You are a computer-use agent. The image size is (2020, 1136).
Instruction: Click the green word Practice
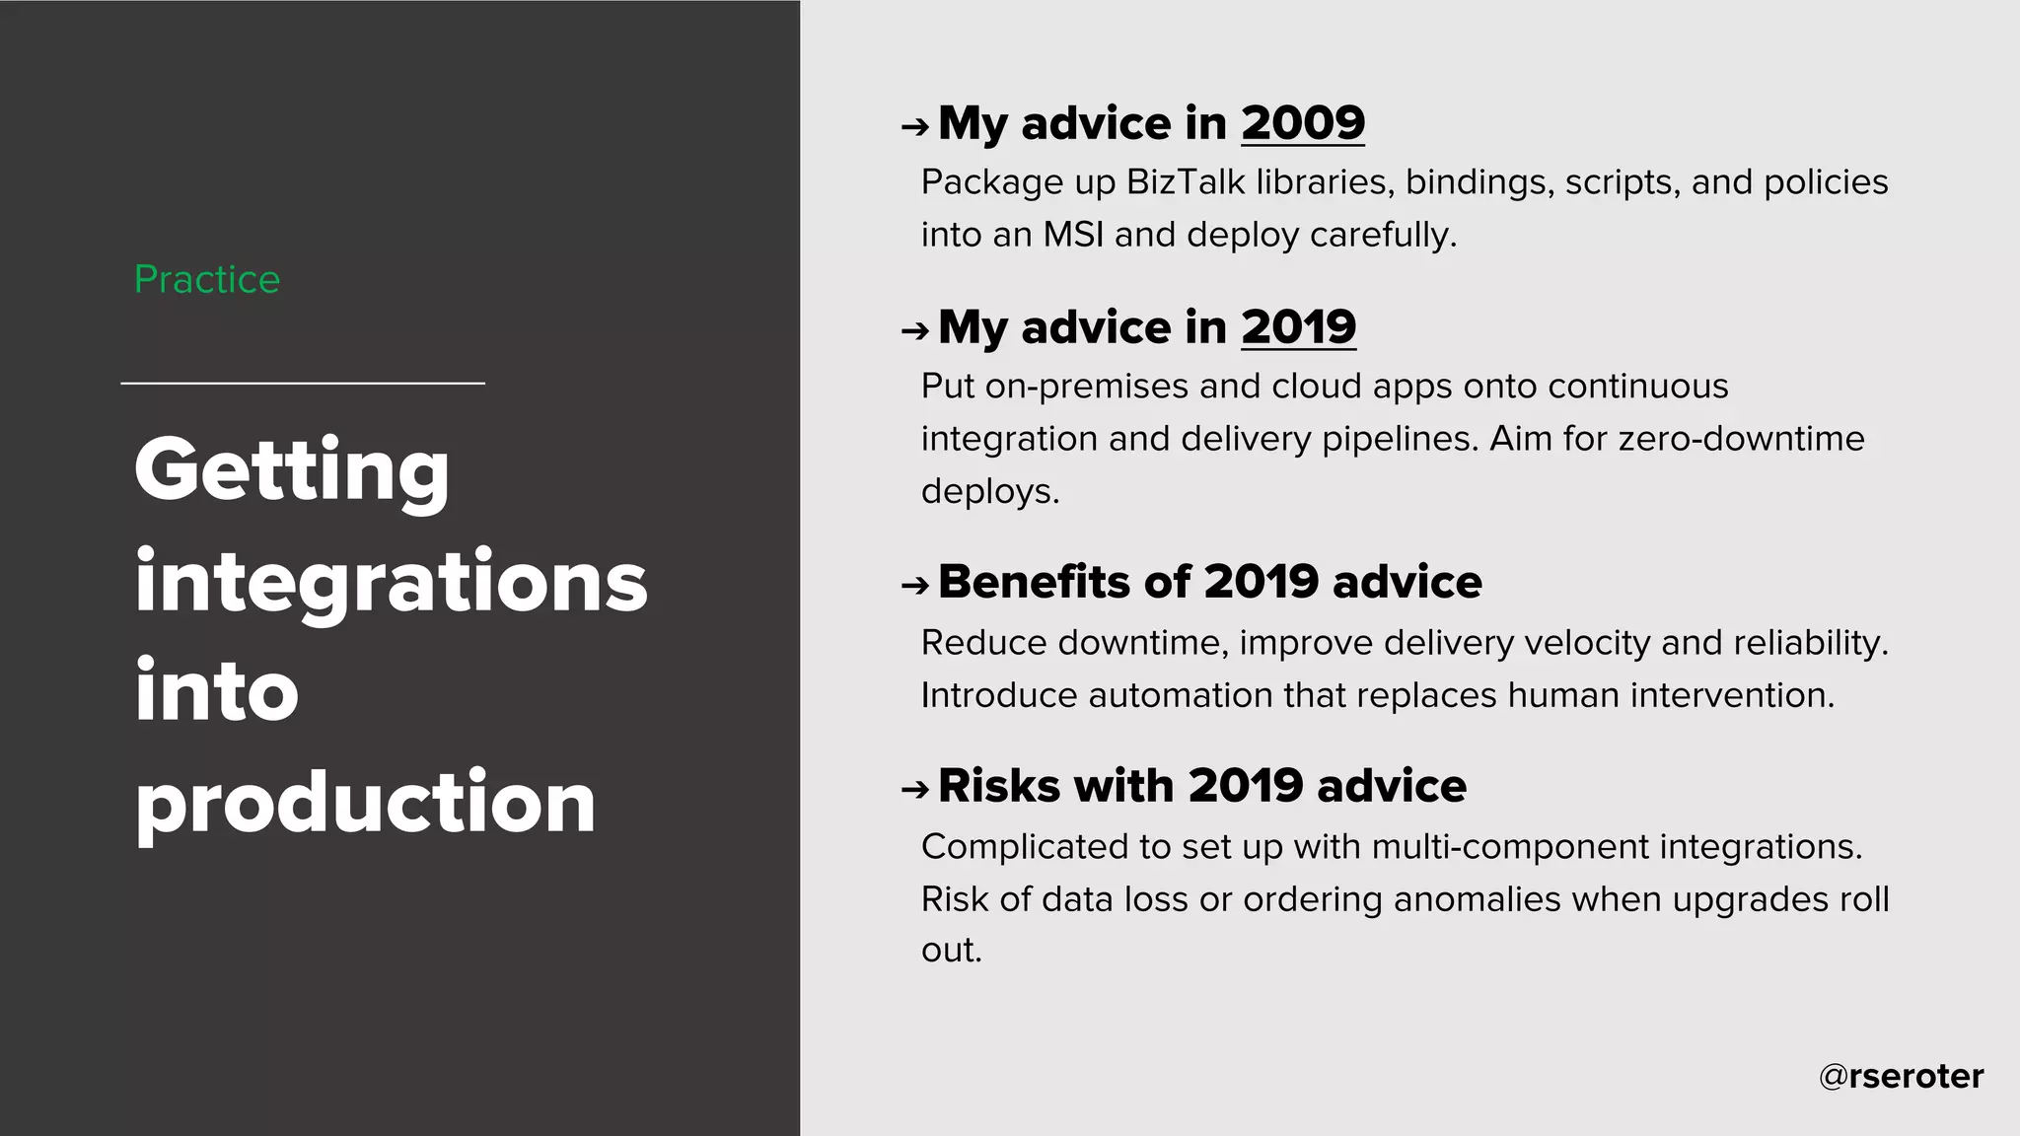(x=207, y=280)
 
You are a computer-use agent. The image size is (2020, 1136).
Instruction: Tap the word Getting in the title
(x=292, y=471)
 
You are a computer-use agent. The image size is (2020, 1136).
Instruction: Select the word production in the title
(x=365, y=803)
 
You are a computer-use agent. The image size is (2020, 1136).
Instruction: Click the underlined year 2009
(x=1302, y=123)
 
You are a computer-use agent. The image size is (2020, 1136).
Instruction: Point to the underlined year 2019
(x=1298, y=327)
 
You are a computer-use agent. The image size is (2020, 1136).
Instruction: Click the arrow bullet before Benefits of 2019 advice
(x=914, y=586)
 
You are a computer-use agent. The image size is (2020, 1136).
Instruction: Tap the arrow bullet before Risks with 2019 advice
(x=914, y=789)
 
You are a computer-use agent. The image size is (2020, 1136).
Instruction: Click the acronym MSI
(x=1073, y=235)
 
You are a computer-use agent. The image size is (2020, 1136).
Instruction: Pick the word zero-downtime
(x=1741, y=439)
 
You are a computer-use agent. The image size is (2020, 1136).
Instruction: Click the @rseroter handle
(x=1901, y=1076)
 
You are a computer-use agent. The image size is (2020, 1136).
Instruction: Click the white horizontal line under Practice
(x=303, y=383)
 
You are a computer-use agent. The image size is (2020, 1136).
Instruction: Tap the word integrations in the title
(x=391, y=582)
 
